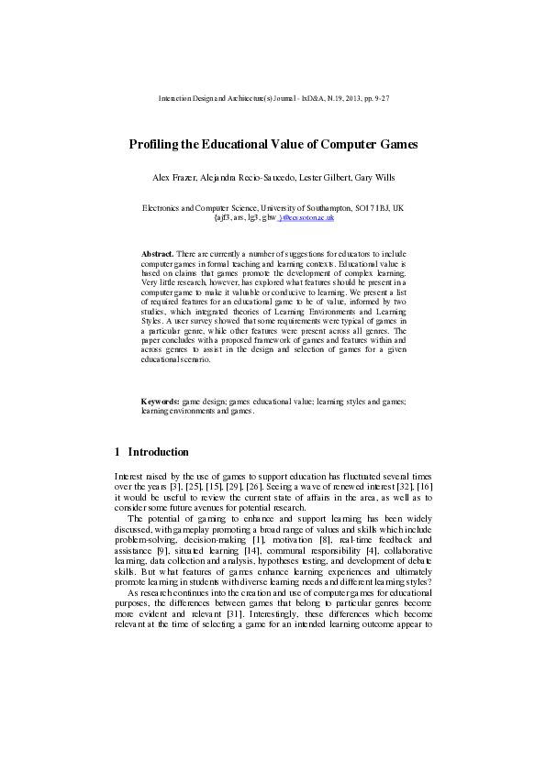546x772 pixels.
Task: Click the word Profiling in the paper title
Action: [152, 145]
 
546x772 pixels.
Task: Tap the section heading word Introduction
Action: [158, 452]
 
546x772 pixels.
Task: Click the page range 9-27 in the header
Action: [380, 97]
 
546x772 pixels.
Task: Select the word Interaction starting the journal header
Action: [175, 97]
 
